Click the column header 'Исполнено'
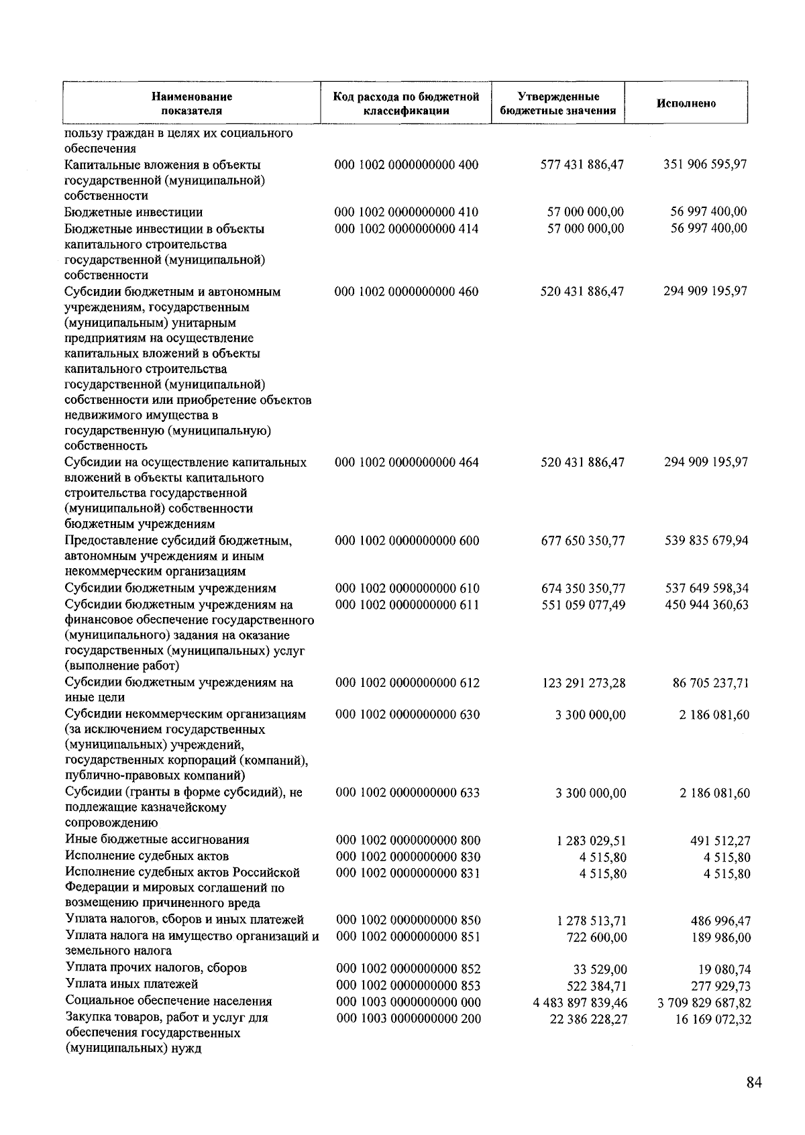click(686, 103)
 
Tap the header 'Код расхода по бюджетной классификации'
click(406, 103)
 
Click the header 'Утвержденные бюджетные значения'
click(558, 103)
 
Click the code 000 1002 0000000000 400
click(407, 164)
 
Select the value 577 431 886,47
click(582, 164)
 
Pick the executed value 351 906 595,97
click(705, 164)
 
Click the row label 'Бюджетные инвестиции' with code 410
click(133, 213)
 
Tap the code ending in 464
click(407, 462)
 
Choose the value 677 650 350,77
click(582, 541)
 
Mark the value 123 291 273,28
click(582, 683)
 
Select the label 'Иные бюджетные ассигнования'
click(157, 840)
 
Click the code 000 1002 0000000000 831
click(407, 873)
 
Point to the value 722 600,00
click(597, 937)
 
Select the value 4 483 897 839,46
click(580, 1003)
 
